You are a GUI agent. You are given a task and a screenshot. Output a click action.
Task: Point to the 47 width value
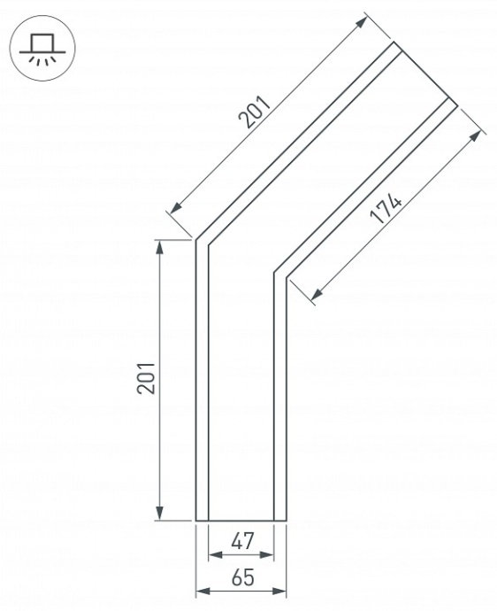click(241, 541)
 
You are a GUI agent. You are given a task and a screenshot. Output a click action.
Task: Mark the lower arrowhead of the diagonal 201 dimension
click(174, 209)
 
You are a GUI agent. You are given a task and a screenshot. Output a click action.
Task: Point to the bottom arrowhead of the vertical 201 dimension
click(160, 514)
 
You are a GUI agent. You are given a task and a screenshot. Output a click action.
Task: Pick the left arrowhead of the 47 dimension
click(212, 556)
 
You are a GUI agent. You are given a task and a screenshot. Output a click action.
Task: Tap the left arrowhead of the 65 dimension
click(201, 591)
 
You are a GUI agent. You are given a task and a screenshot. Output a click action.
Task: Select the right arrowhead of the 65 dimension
click(281, 591)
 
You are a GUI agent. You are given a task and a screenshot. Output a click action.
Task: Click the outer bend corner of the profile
click(195, 240)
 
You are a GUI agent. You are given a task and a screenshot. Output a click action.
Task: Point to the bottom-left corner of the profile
click(195, 521)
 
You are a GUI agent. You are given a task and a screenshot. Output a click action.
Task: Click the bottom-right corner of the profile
click(287, 521)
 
